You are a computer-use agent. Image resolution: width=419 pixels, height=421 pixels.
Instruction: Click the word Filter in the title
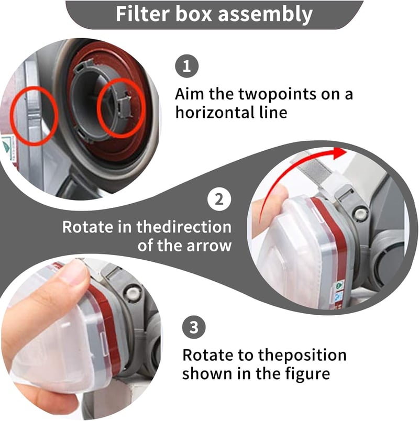point(143,14)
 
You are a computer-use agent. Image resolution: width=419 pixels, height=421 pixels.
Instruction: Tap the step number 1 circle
point(186,66)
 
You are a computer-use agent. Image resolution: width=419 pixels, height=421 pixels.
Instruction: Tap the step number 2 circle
point(219,200)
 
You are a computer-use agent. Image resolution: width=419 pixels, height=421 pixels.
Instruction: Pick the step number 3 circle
point(194,327)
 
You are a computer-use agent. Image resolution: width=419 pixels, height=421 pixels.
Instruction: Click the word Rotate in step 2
point(87,227)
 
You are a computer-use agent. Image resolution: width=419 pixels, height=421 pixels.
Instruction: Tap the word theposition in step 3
point(302,356)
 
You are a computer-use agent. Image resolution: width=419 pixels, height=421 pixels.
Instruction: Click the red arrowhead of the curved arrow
point(339,153)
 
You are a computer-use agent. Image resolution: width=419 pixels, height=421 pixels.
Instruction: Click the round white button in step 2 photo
point(360,213)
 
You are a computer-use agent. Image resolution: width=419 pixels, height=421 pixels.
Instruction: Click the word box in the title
point(194,14)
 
